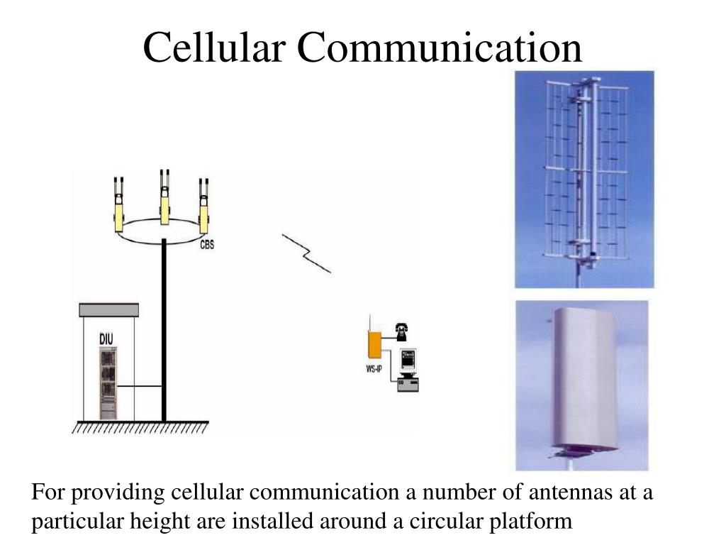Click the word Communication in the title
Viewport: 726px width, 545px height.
click(440, 48)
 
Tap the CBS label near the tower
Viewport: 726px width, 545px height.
click(207, 246)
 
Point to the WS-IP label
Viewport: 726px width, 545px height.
click(376, 369)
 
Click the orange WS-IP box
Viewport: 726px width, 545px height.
click(374, 345)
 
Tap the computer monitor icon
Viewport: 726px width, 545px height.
click(408, 360)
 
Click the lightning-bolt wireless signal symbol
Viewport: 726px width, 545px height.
click(307, 252)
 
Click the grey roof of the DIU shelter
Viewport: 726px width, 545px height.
click(108, 310)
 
